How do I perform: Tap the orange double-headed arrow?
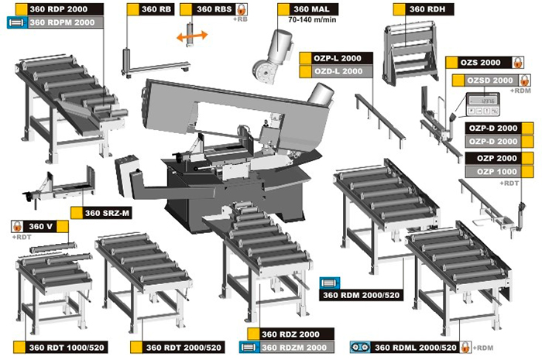192,36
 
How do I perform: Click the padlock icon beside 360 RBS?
241,9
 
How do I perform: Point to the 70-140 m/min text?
312,19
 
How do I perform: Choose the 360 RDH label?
424,9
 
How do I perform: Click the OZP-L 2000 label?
336,58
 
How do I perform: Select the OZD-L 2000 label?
336,71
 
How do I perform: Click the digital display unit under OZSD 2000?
483,104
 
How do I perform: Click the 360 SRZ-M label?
101,213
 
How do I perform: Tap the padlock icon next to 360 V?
17,227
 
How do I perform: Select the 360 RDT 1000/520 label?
61,347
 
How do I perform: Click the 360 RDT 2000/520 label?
177,347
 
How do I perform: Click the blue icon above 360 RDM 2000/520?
330,283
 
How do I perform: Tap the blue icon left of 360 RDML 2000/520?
360,347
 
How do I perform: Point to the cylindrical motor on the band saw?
321,94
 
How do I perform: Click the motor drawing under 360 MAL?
273,57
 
